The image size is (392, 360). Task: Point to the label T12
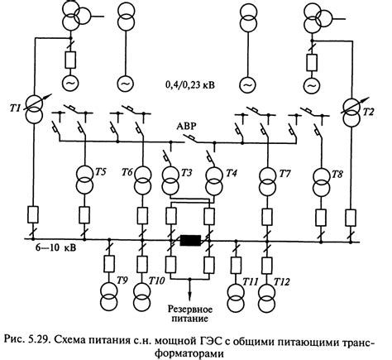pyautogui.click(x=284, y=282)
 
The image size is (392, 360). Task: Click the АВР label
pyautogui.click(x=189, y=127)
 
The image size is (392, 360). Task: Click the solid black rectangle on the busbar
pyautogui.click(x=192, y=242)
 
